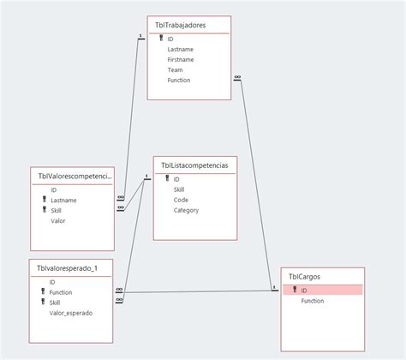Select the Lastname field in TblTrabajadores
point(180,50)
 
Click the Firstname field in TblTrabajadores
point(180,60)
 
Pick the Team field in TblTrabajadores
point(176,70)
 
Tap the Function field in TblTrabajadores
point(179,81)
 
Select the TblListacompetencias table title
point(194,165)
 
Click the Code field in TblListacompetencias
point(182,200)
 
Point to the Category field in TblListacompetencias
point(186,210)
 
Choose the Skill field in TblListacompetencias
point(179,189)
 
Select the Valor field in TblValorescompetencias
point(58,221)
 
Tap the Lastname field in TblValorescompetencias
point(63,201)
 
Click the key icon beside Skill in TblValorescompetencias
point(44,211)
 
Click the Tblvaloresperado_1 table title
point(68,268)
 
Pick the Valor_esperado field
point(70,314)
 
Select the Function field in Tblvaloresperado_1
point(61,293)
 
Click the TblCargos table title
point(305,277)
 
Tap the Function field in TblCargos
point(312,301)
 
